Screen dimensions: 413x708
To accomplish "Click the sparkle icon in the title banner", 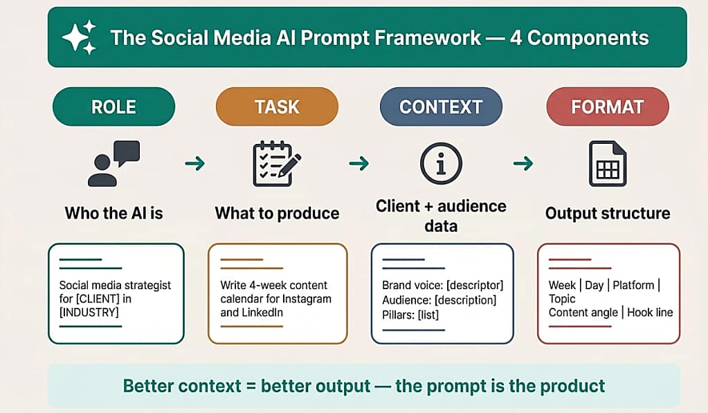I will tap(79, 37).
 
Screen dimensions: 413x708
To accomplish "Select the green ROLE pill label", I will tap(114, 107).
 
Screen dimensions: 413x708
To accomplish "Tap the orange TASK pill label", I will tap(277, 107).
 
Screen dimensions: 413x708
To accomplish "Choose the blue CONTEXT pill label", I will tap(441, 107).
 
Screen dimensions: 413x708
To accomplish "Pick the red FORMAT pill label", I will tap(607, 107).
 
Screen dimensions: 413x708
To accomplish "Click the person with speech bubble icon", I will tap(114, 163).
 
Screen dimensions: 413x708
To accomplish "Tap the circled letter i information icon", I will tap(441, 163).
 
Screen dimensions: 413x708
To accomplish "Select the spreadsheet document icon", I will tap(607, 163).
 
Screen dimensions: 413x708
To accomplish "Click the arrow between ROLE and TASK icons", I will tap(195, 163).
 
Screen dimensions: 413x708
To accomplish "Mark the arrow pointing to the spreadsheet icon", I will tap(523, 163).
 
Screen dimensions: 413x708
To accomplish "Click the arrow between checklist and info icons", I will tap(358, 163).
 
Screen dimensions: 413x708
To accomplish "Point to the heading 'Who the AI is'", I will tap(114, 213).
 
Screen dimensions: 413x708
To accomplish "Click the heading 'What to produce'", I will tap(277, 213).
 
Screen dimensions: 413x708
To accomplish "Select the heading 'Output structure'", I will tap(607, 213).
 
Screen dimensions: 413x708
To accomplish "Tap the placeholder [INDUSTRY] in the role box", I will tap(89, 313).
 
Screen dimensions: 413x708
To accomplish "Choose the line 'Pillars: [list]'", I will tap(410, 315).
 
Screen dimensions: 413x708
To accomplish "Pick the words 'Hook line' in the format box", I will tap(651, 313).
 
